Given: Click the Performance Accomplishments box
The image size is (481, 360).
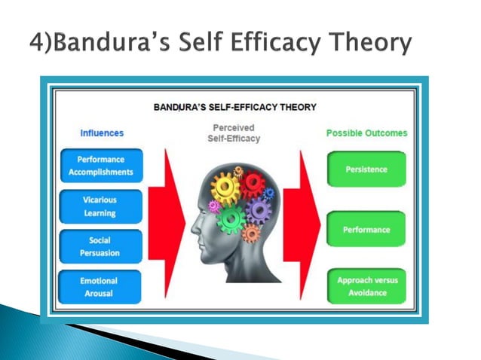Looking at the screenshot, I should coord(100,166).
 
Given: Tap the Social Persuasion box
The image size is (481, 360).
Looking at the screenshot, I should coord(100,247).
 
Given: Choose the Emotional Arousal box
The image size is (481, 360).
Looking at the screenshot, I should coord(100,287).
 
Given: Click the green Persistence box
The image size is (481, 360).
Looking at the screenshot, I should coord(366,169).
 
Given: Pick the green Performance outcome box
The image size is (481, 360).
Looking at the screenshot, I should coord(366,229).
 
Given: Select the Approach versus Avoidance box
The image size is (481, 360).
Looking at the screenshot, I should coord(366,287).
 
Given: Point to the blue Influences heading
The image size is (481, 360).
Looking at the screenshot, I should coord(102,133).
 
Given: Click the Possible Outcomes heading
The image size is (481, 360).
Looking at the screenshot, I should coord(366,133).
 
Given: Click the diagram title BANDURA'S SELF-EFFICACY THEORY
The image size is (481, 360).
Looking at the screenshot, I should coord(234,108).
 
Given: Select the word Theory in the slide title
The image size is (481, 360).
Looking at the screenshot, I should coord(370,42).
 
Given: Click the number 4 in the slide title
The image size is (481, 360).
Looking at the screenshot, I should coord(38,42).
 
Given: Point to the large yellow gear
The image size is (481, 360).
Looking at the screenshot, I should coord(225,186).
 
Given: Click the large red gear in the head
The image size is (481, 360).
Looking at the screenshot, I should coord(252,184).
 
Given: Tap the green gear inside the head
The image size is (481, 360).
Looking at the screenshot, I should coord(231,218).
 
